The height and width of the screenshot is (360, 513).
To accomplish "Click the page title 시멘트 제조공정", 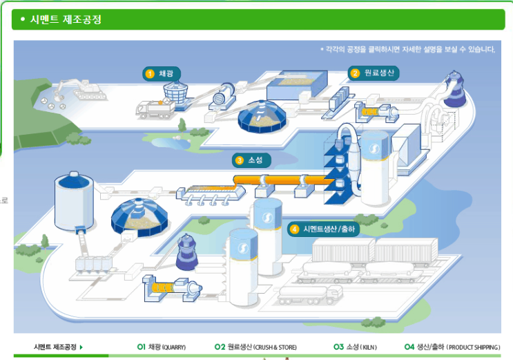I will coord(66,19).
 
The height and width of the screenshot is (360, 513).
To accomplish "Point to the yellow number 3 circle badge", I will coord(240,160).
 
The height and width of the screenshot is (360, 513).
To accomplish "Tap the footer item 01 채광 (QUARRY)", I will coord(161,347).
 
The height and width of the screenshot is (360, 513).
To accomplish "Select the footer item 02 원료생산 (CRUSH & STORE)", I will coord(255,347).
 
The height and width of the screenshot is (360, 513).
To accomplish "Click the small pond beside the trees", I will coord(169,142).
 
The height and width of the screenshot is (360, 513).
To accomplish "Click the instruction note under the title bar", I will coord(407,49).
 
